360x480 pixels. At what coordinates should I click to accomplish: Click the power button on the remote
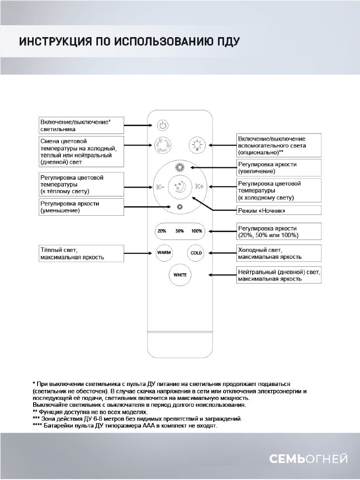pos(164,125)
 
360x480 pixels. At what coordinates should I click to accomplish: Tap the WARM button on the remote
pos(164,252)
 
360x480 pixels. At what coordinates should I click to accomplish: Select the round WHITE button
pos(180,275)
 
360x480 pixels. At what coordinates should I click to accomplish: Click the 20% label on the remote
pos(162,231)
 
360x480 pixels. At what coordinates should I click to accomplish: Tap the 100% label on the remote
pos(197,231)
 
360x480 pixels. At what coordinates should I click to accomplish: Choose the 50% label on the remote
pos(180,231)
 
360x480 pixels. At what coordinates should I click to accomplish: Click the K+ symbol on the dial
pos(200,187)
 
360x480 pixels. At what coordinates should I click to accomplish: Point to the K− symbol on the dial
pos(160,187)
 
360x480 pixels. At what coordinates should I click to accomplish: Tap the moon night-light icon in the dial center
pos(180,187)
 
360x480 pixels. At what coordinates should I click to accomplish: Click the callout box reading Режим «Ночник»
pos(279,211)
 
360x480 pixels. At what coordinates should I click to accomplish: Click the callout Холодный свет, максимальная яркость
pos(279,253)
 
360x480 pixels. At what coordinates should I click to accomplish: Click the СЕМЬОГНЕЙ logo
pos(308,459)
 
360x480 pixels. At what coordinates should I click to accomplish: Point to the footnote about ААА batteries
pos(124,426)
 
